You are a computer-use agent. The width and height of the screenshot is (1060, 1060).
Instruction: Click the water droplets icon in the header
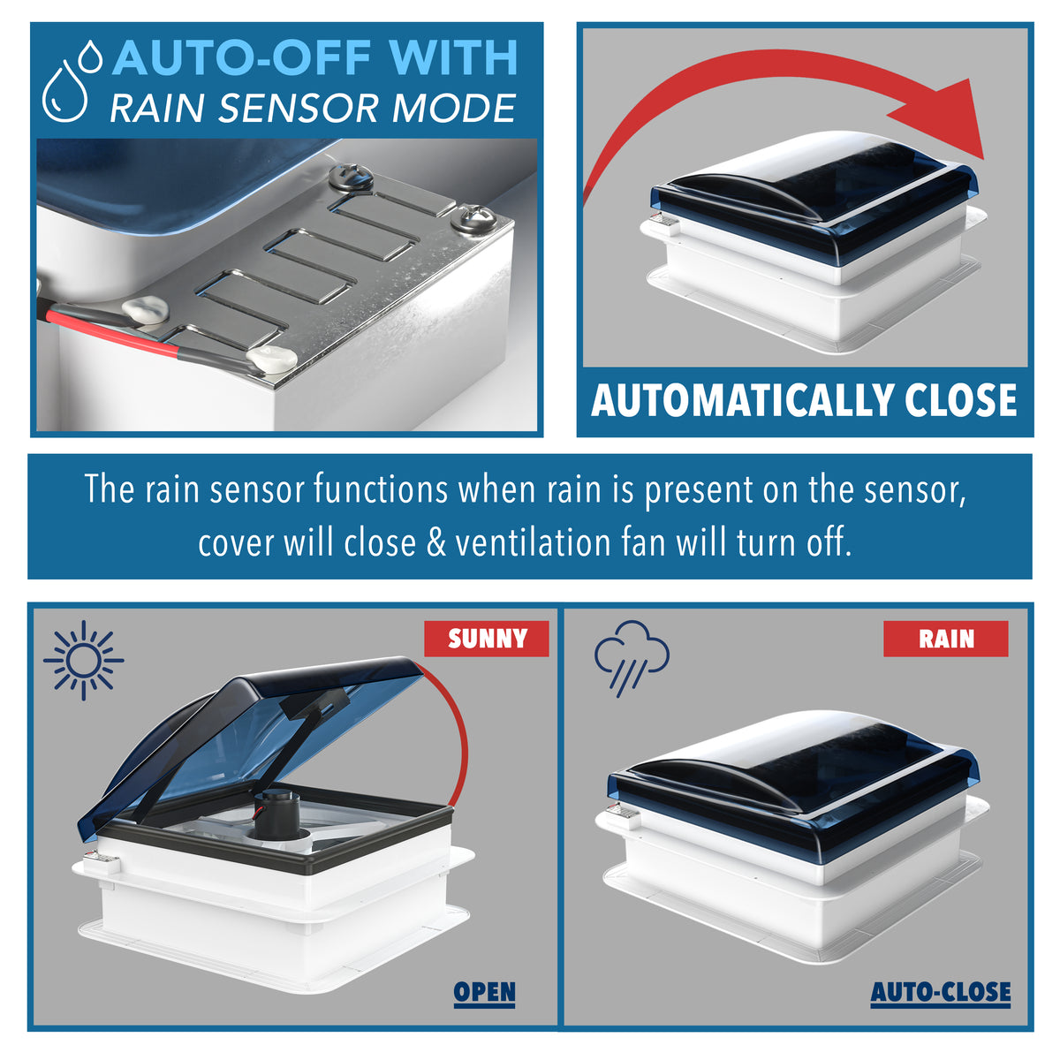(72, 80)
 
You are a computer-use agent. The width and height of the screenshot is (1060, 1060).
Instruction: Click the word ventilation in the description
(533, 543)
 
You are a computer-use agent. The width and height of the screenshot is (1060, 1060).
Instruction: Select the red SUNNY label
(486, 639)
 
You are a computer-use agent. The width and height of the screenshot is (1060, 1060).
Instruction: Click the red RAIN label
(945, 639)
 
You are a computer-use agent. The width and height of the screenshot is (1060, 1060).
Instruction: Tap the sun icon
(84, 660)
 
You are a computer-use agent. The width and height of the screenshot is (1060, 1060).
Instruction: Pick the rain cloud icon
(632, 658)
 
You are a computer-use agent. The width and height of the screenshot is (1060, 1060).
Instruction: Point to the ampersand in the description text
(436, 543)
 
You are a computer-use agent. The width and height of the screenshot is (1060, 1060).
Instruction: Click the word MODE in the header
(453, 108)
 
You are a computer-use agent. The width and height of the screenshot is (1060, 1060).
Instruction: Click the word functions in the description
(382, 488)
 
